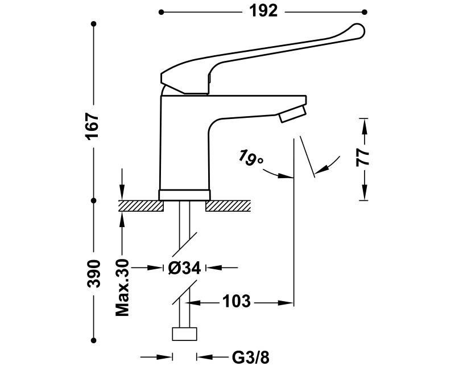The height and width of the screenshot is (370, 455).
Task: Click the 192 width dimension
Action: (x=263, y=11)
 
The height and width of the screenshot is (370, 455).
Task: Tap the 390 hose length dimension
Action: (x=93, y=274)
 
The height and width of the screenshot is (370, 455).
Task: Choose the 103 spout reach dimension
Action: (x=234, y=301)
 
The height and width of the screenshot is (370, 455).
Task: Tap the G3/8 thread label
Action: (x=250, y=357)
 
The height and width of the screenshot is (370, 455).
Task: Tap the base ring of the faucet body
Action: (x=184, y=194)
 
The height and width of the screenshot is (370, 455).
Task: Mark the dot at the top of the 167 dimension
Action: (x=93, y=24)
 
